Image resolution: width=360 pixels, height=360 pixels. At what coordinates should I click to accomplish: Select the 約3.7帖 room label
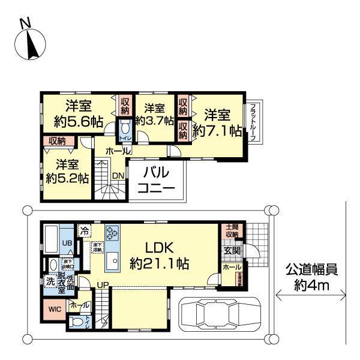[154, 115]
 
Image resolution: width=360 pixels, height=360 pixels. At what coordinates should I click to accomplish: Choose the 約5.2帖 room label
[68, 171]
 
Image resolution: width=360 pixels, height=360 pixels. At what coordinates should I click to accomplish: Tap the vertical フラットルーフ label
[254, 122]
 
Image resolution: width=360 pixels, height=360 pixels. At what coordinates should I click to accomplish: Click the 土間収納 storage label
[231, 231]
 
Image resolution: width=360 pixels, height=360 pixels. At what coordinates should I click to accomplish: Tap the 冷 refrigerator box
[85, 230]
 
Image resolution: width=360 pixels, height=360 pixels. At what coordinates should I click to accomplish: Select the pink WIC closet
[53, 310]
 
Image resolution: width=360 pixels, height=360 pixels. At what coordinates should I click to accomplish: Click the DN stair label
[118, 176]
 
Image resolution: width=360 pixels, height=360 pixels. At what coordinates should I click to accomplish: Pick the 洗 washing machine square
[50, 281]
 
